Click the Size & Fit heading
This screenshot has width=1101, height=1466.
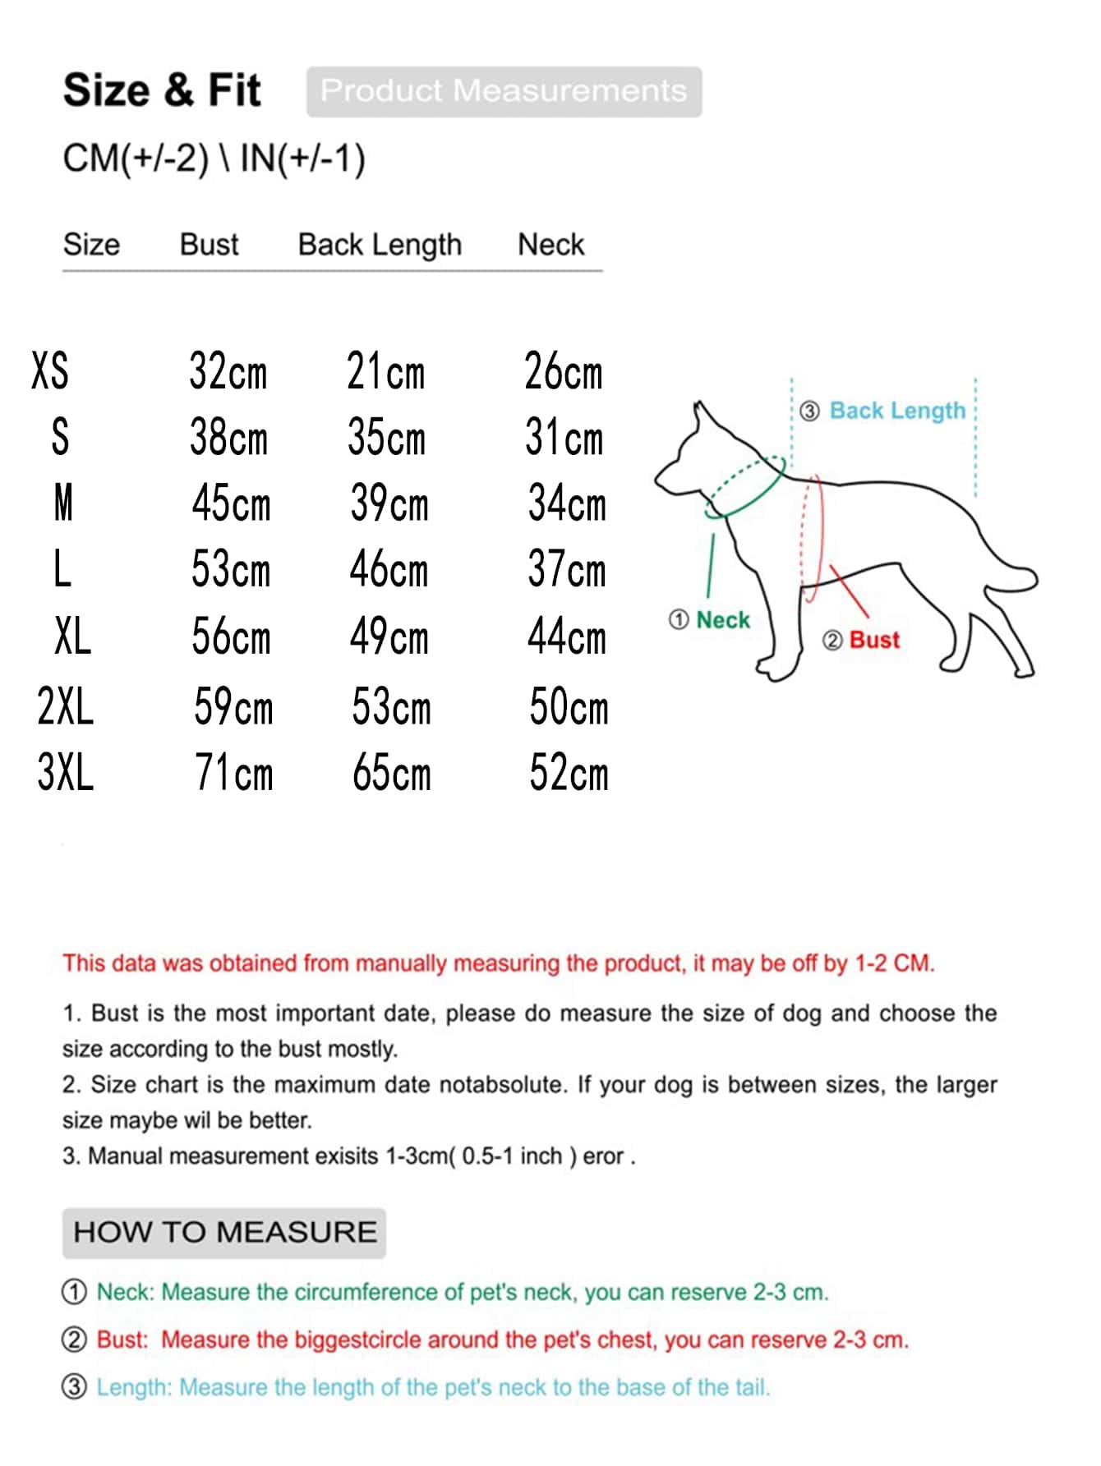point(162,90)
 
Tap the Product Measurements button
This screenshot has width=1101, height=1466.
point(504,91)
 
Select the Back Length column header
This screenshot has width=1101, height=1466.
point(380,245)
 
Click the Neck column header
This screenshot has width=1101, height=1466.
point(550,245)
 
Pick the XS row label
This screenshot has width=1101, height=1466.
point(50,370)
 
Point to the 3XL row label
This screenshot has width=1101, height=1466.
point(66,772)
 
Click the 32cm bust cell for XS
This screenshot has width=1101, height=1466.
point(228,371)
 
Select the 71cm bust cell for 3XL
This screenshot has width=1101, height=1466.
point(233,774)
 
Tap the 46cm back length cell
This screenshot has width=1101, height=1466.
point(389,570)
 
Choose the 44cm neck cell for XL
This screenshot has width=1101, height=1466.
point(567,637)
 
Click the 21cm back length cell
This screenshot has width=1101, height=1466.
point(385,371)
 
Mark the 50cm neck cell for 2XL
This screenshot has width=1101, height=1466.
point(569,707)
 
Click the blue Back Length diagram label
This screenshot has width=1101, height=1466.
point(897,411)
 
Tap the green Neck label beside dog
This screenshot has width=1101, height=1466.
point(722,620)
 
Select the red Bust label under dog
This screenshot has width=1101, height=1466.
point(874,641)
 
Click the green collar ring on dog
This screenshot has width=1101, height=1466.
point(744,488)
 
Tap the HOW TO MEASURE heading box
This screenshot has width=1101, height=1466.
point(224,1233)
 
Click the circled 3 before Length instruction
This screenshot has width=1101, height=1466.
point(74,1387)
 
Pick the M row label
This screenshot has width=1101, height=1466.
point(63,503)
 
